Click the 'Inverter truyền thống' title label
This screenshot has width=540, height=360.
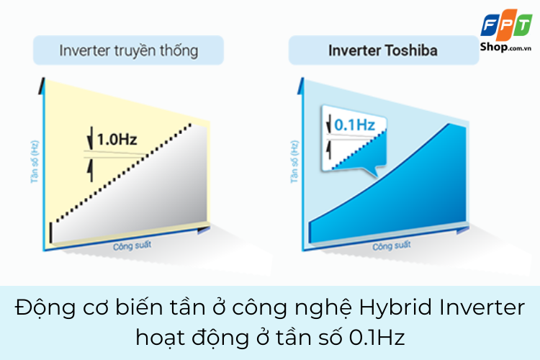click(x=129, y=51)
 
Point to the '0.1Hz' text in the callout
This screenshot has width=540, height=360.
click(x=355, y=125)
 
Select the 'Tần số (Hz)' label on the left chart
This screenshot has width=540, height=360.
click(x=35, y=161)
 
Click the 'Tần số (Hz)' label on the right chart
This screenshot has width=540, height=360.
click(x=294, y=161)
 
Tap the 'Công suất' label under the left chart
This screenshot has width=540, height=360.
click(x=132, y=246)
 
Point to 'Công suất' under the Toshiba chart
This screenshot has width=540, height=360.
click(x=392, y=246)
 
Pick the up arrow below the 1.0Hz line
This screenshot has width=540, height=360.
click(x=90, y=170)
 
